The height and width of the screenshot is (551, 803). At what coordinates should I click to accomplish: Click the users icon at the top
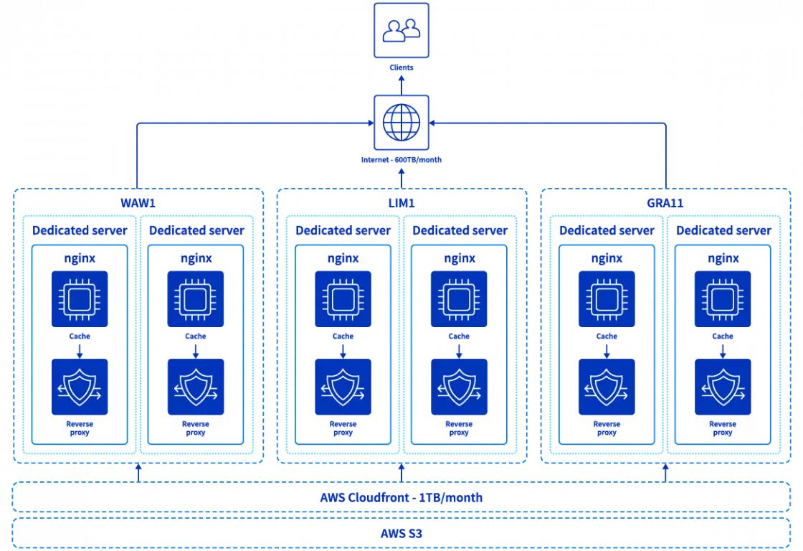(401, 29)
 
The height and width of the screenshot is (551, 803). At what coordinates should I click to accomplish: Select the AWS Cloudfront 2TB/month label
(401, 497)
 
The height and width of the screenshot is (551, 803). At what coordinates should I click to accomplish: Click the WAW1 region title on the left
(138, 202)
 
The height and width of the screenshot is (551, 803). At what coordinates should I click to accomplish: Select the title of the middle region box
(401, 202)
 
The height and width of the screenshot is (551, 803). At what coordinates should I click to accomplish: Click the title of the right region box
(665, 202)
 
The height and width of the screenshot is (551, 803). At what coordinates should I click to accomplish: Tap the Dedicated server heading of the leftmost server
(80, 230)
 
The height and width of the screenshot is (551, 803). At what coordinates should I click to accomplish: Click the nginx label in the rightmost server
(722, 258)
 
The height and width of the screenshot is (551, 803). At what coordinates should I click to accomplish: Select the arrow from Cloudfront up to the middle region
(401, 472)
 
